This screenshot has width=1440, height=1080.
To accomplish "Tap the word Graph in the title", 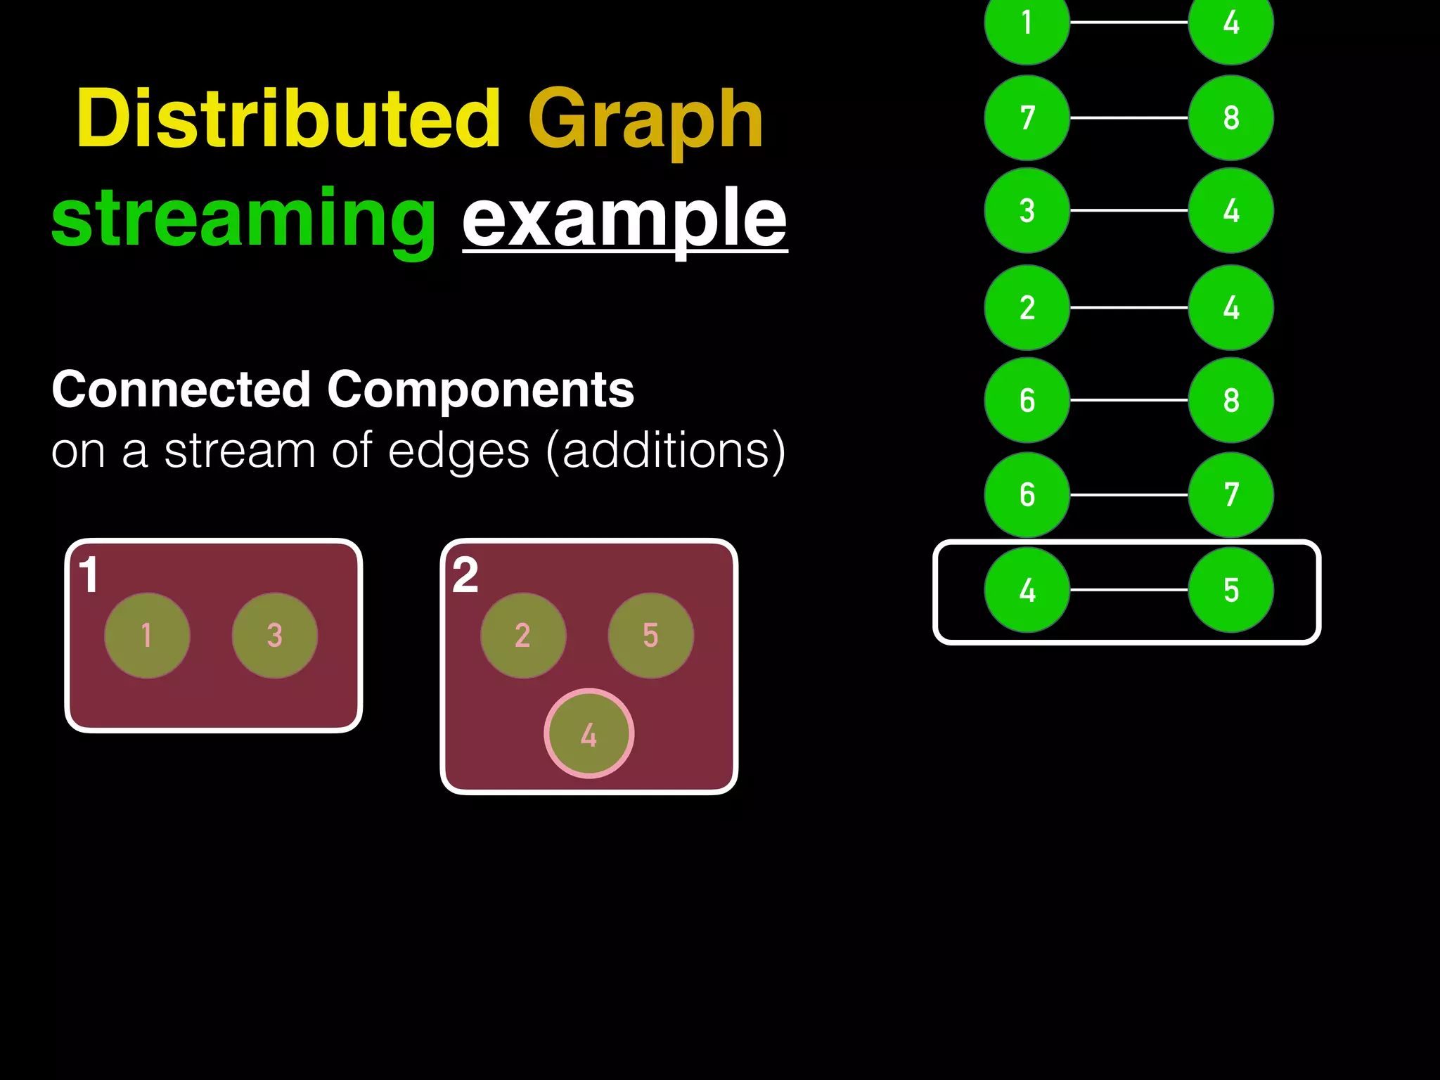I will pos(645,121).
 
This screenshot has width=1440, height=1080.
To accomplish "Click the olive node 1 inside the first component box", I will pos(147,636).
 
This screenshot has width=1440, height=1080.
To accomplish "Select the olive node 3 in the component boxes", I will pos(275,636).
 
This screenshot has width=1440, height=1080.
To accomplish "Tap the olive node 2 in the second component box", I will pos(523,636).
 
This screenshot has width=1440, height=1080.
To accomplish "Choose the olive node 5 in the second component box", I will pos(651,636).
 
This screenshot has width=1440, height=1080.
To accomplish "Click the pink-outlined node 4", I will pos(589,734).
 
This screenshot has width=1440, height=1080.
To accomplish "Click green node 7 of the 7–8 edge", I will pos(1027,117).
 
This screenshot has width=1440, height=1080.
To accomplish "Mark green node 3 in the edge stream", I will pos(1027,210).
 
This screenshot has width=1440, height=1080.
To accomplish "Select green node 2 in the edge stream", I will pos(1027,307).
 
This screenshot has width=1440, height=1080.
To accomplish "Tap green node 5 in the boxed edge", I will pos(1231,590).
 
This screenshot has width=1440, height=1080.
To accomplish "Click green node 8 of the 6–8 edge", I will pos(1231,400).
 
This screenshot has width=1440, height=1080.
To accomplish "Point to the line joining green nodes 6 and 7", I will pos(1129,495).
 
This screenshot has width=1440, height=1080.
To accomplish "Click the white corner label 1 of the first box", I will pos(89,575).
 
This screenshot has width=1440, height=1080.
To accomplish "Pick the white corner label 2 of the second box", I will pos(465,575).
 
